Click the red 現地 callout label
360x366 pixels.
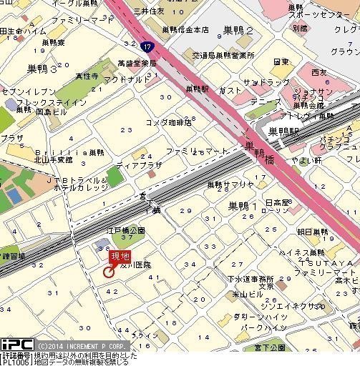point(120,257)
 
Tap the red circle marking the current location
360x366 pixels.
point(109,272)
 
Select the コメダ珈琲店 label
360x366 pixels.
point(169,122)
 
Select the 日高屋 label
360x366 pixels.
point(276,202)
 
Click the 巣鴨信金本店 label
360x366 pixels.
point(184,30)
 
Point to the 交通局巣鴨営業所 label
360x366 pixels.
point(223,55)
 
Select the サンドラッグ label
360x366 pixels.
point(261,83)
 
